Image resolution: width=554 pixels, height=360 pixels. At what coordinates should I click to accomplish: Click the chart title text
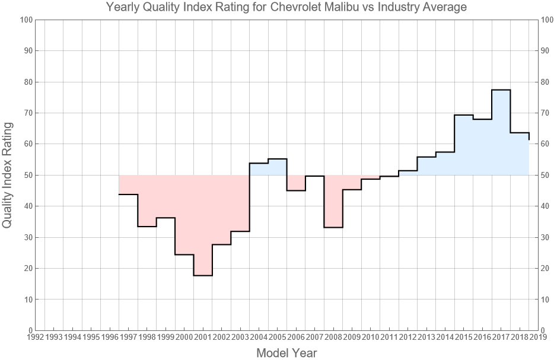pos(286,8)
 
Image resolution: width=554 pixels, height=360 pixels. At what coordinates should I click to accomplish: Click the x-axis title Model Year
pos(286,353)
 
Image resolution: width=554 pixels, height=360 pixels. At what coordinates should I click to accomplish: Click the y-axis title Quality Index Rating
pos(8,175)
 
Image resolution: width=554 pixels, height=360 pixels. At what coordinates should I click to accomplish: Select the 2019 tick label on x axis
pos(537,337)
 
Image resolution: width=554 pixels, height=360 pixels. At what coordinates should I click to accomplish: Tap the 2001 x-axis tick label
pos(203,337)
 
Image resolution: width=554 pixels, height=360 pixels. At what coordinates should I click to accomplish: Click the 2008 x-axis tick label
pos(333,337)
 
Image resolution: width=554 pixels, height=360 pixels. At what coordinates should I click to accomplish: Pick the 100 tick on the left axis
pos(24,20)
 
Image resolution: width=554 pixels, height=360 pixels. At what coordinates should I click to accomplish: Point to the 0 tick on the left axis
pos(28,330)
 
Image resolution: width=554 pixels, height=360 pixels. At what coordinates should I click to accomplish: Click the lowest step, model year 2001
pos(203,275)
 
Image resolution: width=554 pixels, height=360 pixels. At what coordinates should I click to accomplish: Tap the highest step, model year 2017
pos(501,90)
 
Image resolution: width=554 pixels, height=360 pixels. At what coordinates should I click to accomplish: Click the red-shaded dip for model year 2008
pos(333,202)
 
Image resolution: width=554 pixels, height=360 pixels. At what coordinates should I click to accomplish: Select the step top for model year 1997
pos(129,195)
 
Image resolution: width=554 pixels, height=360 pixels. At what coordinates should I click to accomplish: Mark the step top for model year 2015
pos(463,115)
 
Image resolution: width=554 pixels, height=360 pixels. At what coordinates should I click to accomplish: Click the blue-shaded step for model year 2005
pos(278,167)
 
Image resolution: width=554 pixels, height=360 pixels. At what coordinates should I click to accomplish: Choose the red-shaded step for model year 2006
pos(296,183)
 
